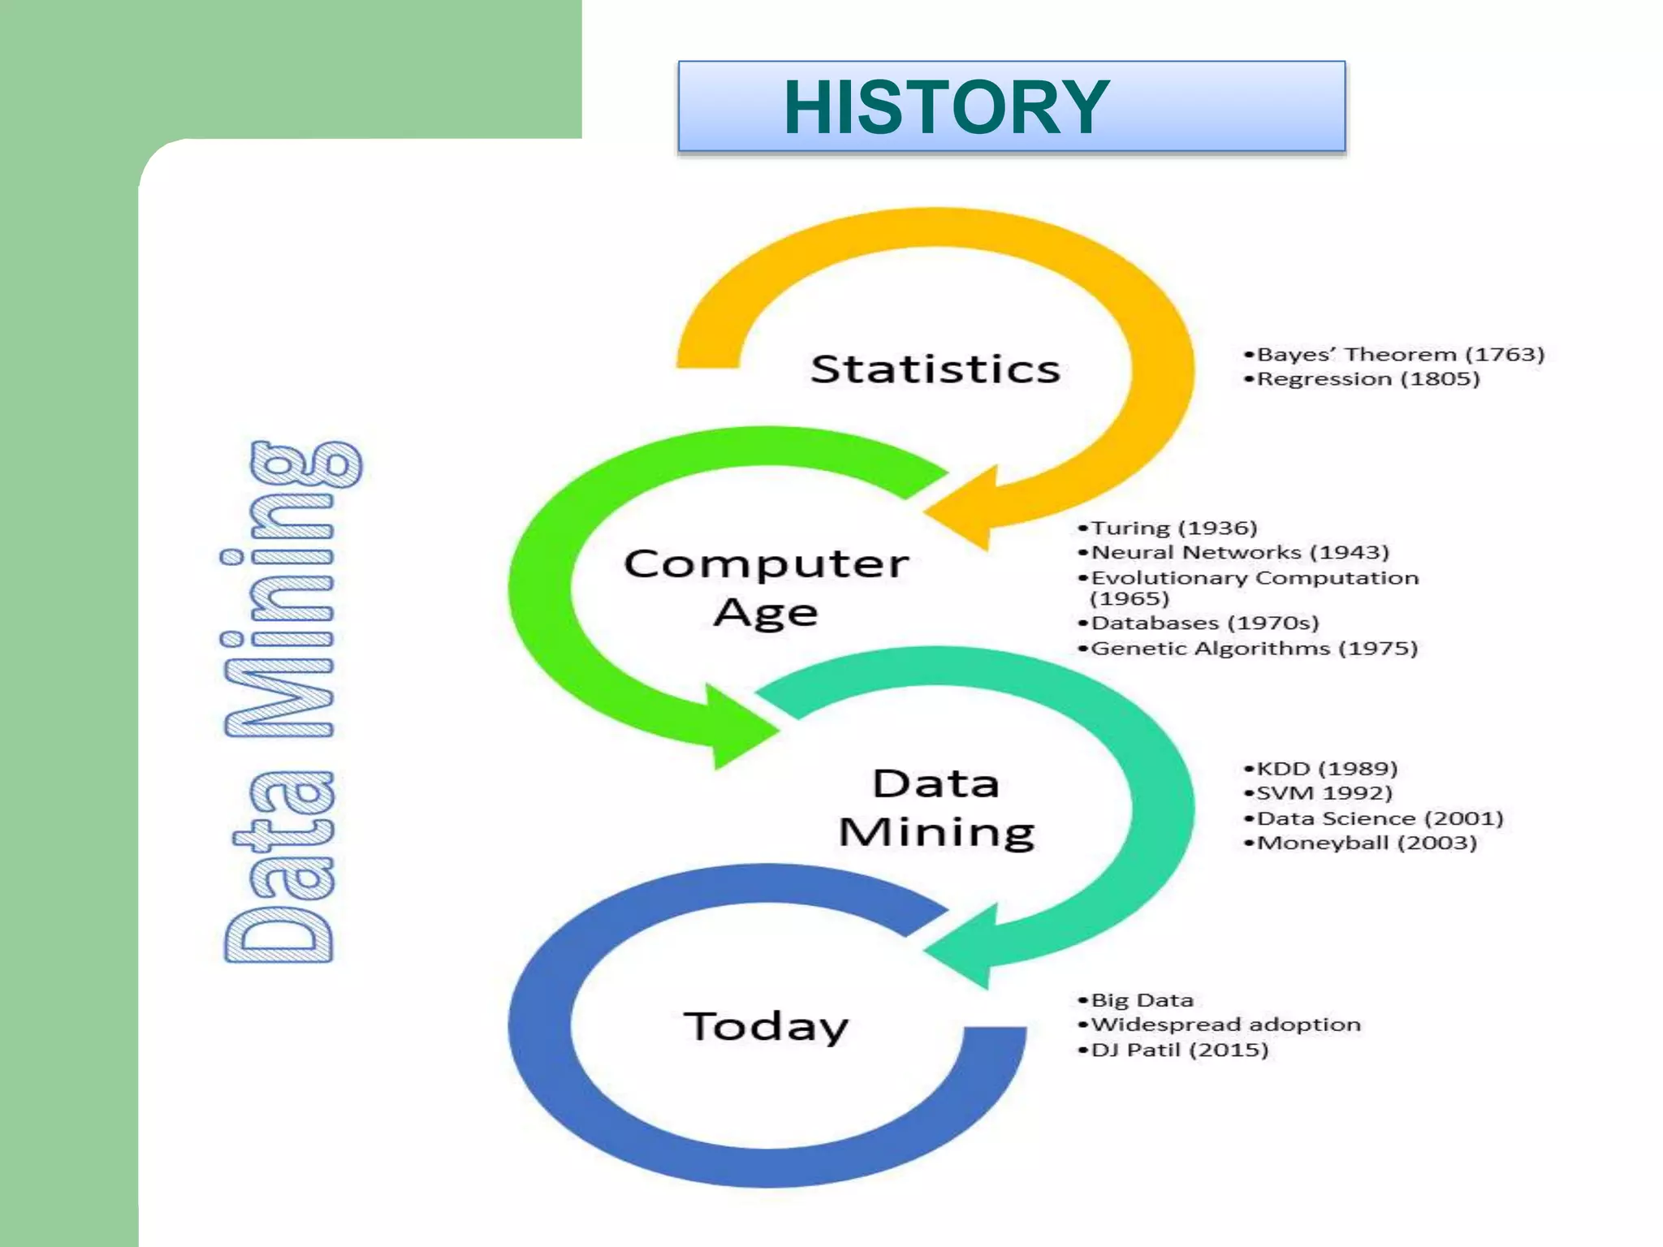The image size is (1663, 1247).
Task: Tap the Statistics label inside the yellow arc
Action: (935, 369)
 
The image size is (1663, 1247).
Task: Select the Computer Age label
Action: (766, 587)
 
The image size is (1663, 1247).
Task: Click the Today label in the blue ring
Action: (766, 1027)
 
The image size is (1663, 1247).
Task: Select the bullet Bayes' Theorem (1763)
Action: (1393, 355)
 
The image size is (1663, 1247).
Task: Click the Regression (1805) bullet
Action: (1362, 379)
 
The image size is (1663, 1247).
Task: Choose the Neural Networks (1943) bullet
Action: (1233, 553)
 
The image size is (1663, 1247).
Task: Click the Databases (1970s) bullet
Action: (1199, 623)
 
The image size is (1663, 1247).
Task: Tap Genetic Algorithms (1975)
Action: (1248, 649)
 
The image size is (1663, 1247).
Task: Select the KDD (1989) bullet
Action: (1320, 769)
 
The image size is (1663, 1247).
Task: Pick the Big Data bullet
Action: (1136, 1000)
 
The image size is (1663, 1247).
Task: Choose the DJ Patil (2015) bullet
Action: (1173, 1051)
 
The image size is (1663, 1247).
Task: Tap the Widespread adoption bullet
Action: (1220, 1025)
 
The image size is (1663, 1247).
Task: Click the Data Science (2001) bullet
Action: (1374, 818)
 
